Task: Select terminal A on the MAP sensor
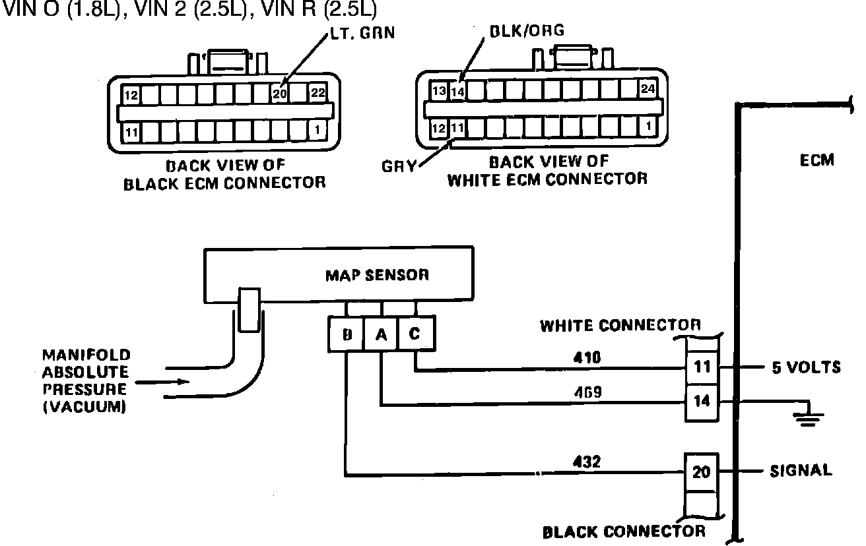[x=380, y=334]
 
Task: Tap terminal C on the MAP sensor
[x=415, y=334]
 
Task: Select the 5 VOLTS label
[x=806, y=367]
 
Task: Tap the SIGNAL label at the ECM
[x=800, y=471]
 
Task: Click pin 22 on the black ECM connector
[x=317, y=94]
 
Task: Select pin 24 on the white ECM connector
[x=648, y=89]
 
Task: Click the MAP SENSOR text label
[x=377, y=274]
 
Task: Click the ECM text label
[x=817, y=160]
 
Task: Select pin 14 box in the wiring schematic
[x=701, y=400]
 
